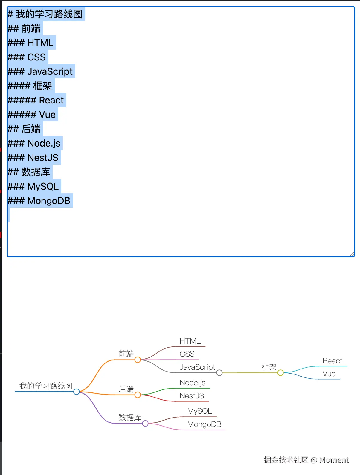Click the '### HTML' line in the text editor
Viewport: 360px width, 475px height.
(30, 43)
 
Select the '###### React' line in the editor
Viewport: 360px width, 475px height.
(36, 100)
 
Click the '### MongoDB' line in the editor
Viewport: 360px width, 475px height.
(39, 201)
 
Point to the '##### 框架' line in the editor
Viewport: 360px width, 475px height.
(30, 86)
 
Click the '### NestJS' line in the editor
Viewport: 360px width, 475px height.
(33, 158)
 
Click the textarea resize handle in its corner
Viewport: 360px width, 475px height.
(352, 254)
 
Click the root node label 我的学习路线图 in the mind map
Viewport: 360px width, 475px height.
(46, 386)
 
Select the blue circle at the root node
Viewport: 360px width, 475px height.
(77, 392)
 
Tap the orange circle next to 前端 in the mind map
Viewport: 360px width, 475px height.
(138, 360)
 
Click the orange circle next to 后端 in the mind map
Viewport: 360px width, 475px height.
(138, 395)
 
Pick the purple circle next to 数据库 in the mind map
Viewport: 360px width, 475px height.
(145, 423)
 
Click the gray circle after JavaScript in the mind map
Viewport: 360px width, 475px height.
(219, 373)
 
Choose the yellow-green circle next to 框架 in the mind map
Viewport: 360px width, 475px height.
(280, 373)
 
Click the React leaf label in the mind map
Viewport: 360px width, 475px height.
(332, 361)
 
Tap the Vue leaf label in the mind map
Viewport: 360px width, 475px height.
(329, 374)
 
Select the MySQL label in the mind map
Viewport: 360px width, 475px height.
(199, 411)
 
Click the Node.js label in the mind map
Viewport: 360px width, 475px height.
(193, 383)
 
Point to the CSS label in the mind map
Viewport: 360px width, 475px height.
(187, 354)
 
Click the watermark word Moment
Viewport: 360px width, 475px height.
(334, 460)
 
